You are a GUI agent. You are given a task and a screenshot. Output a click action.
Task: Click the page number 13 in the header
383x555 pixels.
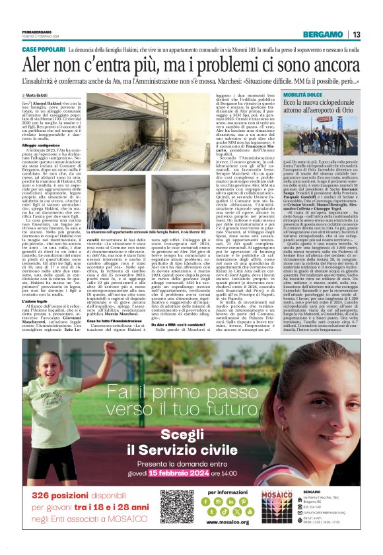point(374,34)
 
